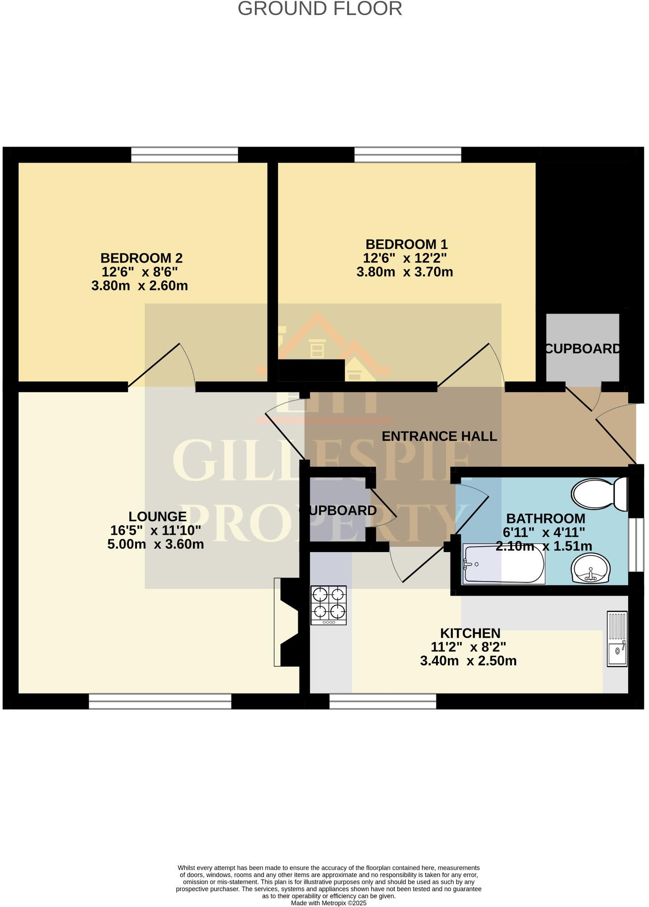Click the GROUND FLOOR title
click(x=319, y=9)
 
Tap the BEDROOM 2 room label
click(x=141, y=258)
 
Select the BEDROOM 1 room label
click(x=406, y=244)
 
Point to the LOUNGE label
click(x=157, y=517)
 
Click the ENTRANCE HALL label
click(x=439, y=436)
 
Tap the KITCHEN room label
click(x=470, y=633)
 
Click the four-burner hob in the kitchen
click(x=329, y=605)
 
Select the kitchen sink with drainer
click(x=617, y=639)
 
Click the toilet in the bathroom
click(x=598, y=494)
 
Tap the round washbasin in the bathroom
click(x=591, y=568)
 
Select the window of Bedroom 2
click(x=184, y=154)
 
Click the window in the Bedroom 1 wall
click(x=407, y=154)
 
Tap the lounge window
click(x=160, y=701)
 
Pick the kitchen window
click(x=382, y=701)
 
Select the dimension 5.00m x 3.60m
click(x=156, y=544)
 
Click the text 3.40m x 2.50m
click(x=468, y=661)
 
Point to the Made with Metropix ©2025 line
click(x=329, y=903)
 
